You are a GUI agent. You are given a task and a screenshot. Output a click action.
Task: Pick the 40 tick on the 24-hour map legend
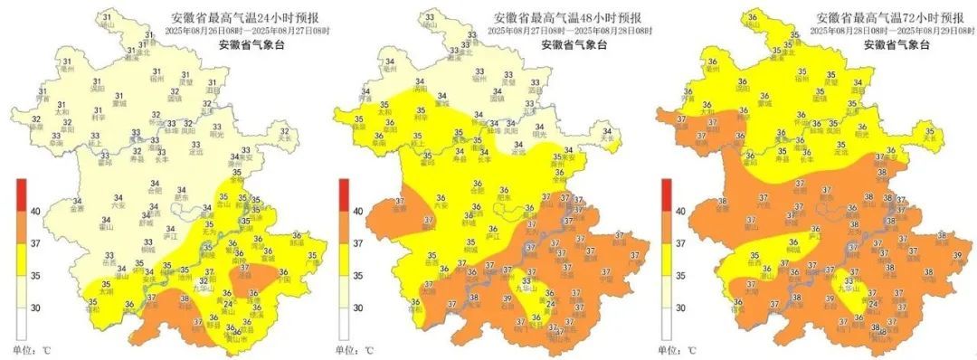[x=36, y=212]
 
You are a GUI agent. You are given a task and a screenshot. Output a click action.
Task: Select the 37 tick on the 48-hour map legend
[x=358, y=243]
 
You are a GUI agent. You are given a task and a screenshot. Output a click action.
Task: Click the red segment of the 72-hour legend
[x=666, y=194]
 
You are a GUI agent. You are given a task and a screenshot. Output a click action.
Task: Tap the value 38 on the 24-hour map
[x=185, y=299]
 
